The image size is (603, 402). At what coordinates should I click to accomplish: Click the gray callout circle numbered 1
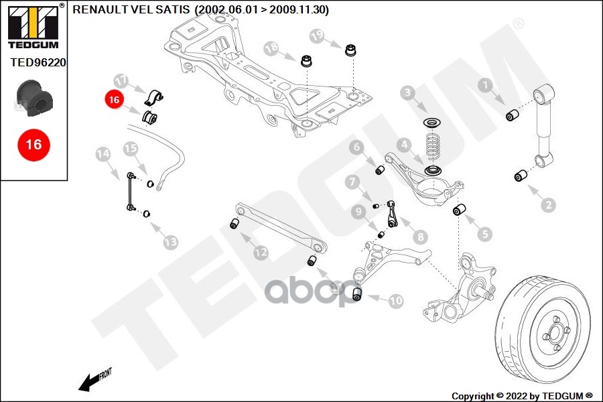point(484,84)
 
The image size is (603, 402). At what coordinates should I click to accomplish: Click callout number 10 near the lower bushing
point(396,301)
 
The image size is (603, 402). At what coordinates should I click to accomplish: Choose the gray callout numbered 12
point(260,253)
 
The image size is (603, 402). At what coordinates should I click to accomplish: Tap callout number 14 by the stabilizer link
point(103,154)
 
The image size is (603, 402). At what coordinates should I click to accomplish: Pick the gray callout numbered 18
point(271,48)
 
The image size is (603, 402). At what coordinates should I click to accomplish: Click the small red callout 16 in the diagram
point(114,100)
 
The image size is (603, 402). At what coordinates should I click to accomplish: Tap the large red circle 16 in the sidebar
point(33,144)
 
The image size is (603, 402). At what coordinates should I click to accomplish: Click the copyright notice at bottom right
point(522,395)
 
